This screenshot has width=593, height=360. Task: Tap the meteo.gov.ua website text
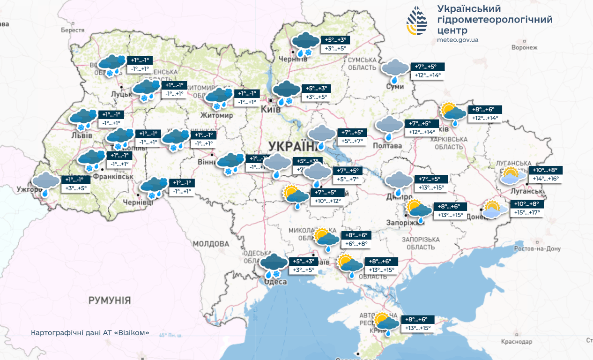[458, 40]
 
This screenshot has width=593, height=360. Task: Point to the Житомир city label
[216, 115]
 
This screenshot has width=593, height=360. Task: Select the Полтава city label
[387, 146]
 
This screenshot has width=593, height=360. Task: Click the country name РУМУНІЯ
[110, 300]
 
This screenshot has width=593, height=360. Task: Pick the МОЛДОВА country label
[211, 244]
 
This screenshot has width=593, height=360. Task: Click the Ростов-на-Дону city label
[537, 249]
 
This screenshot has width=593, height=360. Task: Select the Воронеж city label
[524, 47]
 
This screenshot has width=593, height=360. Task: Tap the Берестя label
[73, 30]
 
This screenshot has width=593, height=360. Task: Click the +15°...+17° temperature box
[527, 212]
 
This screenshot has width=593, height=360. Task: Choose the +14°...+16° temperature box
[546, 179]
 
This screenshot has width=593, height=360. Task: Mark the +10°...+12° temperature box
[327, 201]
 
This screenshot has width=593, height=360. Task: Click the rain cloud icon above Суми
[395, 71]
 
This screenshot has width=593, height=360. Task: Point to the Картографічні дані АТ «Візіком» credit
[90, 333]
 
